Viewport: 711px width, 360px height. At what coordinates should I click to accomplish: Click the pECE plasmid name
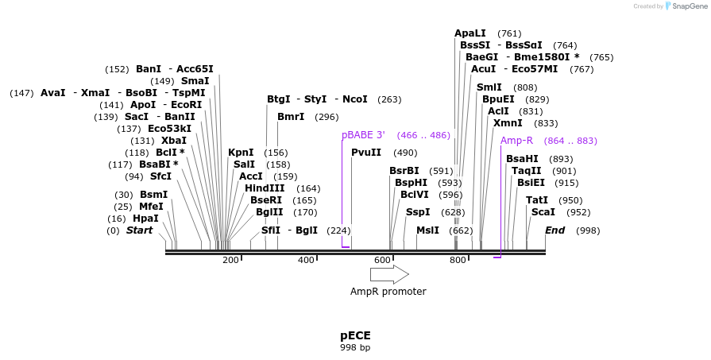coord(355,335)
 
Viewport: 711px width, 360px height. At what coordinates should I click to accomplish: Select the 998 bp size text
coord(355,347)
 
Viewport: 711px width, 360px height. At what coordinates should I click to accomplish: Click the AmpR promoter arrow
coord(388,274)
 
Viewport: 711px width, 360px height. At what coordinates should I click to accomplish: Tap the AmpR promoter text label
coord(388,292)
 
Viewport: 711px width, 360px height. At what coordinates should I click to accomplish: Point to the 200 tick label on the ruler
coord(230,261)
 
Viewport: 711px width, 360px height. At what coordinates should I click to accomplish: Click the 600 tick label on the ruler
coord(382,261)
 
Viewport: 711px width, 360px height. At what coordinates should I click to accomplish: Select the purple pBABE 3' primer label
coord(363,136)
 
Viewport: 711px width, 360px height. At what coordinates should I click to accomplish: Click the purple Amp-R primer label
coord(516,141)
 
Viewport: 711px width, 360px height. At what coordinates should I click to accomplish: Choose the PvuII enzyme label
coord(366,153)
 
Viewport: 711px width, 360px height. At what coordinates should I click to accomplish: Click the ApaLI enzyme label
coord(470,33)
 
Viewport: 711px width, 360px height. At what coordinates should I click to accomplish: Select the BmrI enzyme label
coord(291,117)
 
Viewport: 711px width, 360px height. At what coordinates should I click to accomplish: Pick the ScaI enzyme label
coord(543,212)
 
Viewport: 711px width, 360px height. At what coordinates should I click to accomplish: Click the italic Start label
coord(139,230)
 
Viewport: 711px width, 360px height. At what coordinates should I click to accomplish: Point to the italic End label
coord(555,230)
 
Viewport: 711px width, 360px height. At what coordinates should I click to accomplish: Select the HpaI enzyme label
coord(145,219)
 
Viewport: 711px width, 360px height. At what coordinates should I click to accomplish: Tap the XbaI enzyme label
coord(174,141)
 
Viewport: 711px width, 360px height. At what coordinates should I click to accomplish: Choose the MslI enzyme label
coord(427,230)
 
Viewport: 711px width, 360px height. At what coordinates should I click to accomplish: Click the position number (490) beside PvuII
coord(405,153)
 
